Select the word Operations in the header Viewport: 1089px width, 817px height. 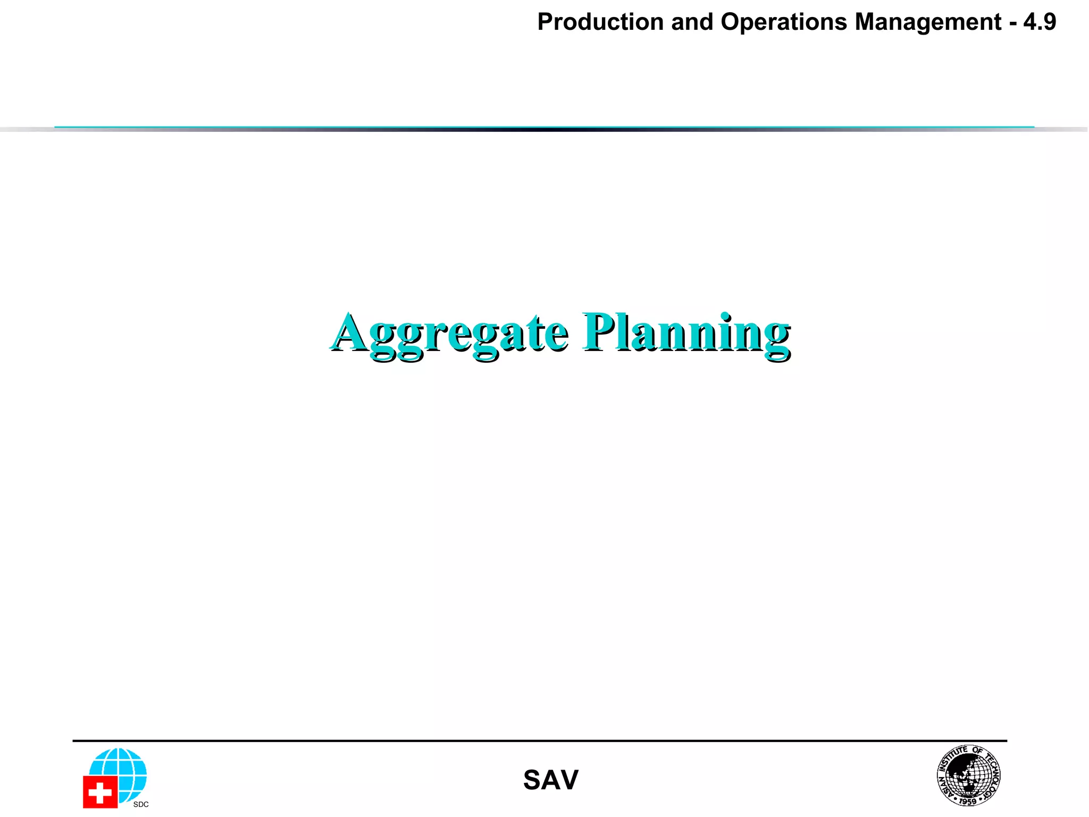[783, 22]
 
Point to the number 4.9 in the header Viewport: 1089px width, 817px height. [1040, 22]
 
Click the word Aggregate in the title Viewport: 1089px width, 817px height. [449, 334]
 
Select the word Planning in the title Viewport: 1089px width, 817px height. [686, 334]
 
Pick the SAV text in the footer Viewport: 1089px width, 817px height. [550, 780]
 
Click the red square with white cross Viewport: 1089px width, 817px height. [100, 792]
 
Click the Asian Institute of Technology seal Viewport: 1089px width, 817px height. [968, 775]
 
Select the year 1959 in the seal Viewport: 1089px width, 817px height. [968, 801]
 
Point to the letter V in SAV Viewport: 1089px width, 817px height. [568, 780]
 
